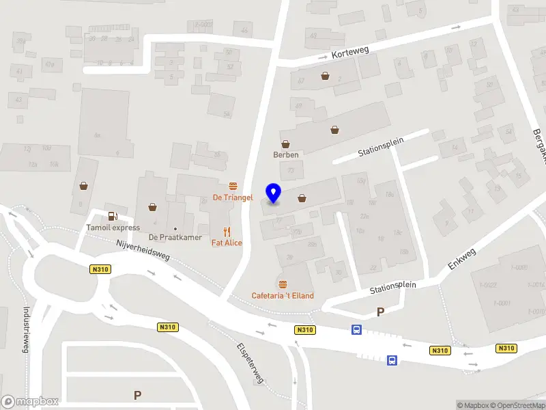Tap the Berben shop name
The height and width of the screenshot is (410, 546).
click(x=286, y=154)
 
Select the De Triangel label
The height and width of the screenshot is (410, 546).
click(x=233, y=197)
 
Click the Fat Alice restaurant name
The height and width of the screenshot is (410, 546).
click(x=227, y=243)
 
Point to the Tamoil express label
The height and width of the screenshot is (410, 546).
click(x=113, y=228)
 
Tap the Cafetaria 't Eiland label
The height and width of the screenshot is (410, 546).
click(x=283, y=295)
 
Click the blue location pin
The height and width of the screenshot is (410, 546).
click(x=274, y=193)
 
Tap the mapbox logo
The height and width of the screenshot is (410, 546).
click(x=30, y=402)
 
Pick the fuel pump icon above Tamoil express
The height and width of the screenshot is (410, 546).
click(x=113, y=217)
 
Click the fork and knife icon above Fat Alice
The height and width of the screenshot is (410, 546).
click(x=227, y=232)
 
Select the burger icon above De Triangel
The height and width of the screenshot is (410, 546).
click(x=233, y=186)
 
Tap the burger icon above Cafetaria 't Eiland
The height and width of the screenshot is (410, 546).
click(x=283, y=284)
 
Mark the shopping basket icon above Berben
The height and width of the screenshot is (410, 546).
click(x=286, y=143)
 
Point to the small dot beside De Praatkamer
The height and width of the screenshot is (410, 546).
click(x=175, y=228)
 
